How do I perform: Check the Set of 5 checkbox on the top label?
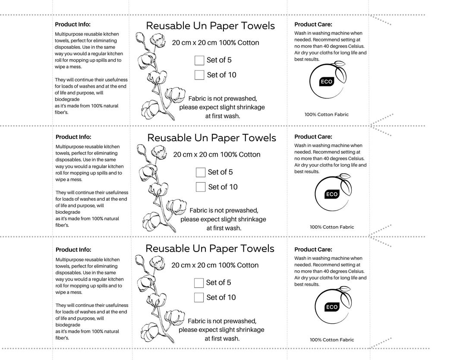199,60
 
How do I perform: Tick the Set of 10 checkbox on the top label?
199,75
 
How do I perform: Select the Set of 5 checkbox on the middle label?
200,172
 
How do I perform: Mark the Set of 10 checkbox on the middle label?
200,187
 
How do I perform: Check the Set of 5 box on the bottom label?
199,283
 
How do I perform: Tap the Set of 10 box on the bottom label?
199,297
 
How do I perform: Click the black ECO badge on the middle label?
332,194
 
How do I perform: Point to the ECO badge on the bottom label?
332,307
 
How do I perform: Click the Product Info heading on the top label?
73,25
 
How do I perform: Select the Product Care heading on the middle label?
313,137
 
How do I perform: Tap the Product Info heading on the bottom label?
73,249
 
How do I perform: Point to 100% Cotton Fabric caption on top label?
327,114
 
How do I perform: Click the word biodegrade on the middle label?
68,212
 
